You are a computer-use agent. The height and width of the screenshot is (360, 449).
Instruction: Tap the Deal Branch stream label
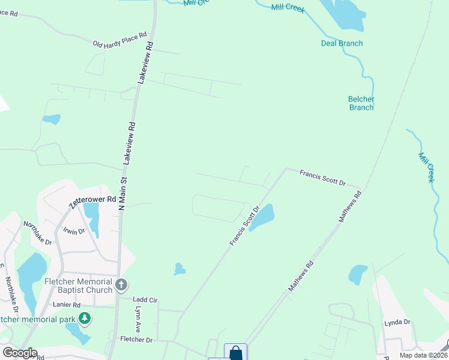pyautogui.click(x=342, y=43)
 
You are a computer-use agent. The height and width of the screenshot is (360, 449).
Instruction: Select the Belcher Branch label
pyautogui.click(x=361, y=103)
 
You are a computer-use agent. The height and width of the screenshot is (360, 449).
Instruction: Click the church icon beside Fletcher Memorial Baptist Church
pyautogui.click(x=121, y=285)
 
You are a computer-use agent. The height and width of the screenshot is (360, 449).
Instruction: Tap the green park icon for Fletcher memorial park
pyautogui.click(x=85, y=318)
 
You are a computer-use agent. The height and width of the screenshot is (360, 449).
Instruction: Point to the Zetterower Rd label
pyautogui.click(x=92, y=201)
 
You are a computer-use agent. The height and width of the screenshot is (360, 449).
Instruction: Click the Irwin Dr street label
pyautogui.click(x=74, y=231)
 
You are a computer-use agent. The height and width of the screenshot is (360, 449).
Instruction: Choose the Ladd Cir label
pyautogui.click(x=145, y=299)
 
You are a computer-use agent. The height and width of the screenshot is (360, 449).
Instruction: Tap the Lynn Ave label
pyautogui.click(x=137, y=320)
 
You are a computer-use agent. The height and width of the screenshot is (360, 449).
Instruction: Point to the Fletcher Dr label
pyautogui.click(x=136, y=340)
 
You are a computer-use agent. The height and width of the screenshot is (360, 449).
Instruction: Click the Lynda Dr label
pyautogui.click(x=397, y=322)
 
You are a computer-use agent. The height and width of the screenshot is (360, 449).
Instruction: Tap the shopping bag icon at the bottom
pyautogui.click(x=235, y=353)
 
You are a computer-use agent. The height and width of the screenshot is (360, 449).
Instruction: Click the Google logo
pyautogui.click(x=20, y=353)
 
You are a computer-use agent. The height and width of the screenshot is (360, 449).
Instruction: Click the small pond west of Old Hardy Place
pyautogui.click(x=52, y=119)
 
